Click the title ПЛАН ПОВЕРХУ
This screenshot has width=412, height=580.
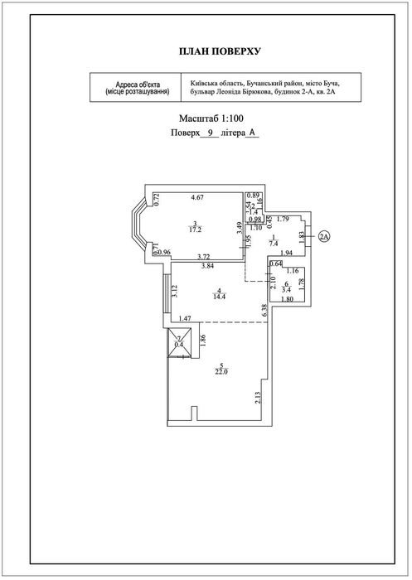pyautogui.click(x=220, y=51)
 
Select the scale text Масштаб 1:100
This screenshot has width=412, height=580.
pyautogui.click(x=211, y=118)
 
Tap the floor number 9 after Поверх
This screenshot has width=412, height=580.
pyautogui.click(x=210, y=133)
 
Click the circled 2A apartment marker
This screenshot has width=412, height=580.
pyautogui.click(x=324, y=236)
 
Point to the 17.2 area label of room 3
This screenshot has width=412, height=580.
pyautogui.click(x=196, y=230)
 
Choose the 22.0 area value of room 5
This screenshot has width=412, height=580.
pyautogui.click(x=221, y=372)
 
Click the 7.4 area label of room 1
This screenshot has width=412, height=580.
pyautogui.click(x=274, y=243)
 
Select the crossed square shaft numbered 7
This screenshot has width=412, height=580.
pyautogui.click(x=179, y=343)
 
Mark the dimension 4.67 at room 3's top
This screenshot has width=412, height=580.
pyautogui.click(x=197, y=197)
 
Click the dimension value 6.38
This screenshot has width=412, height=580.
pyautogui.click(x=264, y=311)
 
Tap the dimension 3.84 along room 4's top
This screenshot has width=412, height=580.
pyautogui.click(x=208, y=265)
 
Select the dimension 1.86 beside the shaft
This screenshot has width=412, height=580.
pyautogui.click(x=202, y=341)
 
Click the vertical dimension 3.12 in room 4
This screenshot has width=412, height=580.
pyautogui.click(x=176, y=291)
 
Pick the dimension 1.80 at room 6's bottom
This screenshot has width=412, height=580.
pyautogui.click(x=288, y=299)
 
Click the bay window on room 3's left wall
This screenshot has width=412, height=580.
pyautogui.click(x=139, y=225)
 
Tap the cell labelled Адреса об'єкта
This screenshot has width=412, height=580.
pyautogui.click(x=135, y=87)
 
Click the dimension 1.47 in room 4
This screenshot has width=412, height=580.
pyautogui.click(x=185, y=318)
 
